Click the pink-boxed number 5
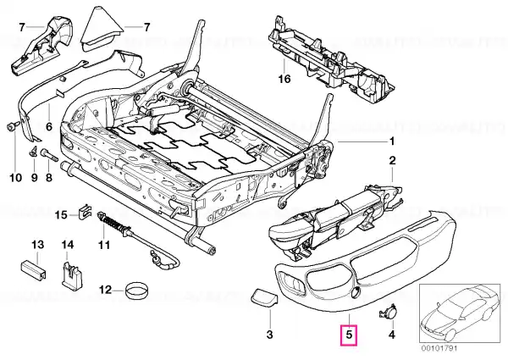[348, 335]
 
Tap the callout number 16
[284, 79]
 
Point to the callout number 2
[391, 160]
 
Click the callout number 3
[269, 335]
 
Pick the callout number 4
[391, 335]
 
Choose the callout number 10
[14, 178]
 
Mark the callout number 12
[105, 291]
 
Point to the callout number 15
[60, 213]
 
